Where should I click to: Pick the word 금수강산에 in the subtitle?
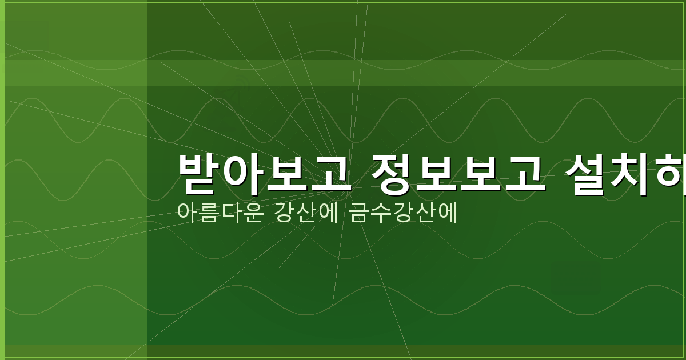(x=403, y=213)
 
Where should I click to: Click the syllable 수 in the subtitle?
(x=381, y=213)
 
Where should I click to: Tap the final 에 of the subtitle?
(x=448, y=213)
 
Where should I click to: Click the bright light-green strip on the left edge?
(x=2, y=180)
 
